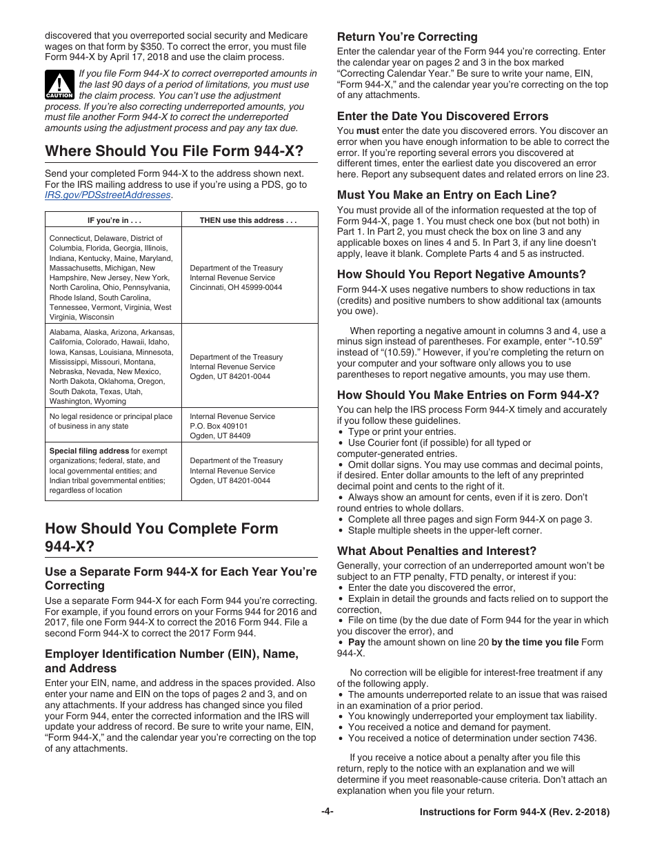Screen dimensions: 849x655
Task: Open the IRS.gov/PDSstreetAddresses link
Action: point(108,195)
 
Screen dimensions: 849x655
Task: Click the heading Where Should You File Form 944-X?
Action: point(174,151)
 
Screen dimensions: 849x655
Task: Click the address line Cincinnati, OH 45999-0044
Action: point(236,287)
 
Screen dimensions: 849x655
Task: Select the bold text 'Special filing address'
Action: point(89,451)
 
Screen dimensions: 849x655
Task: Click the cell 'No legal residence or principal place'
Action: point(110,416)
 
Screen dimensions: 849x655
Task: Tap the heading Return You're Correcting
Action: point(407,37)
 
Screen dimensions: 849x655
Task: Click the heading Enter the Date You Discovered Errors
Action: point(443,116)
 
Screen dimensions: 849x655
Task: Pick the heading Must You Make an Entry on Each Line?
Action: point(446,195)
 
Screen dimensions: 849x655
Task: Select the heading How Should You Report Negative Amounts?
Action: point(461,274)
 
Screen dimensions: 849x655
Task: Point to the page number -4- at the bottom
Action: point(327,812)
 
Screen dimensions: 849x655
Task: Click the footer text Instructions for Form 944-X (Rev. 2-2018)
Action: point(514,812)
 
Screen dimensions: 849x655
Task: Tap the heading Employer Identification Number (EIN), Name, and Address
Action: point(172,661)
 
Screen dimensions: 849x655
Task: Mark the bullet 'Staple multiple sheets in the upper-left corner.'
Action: point(445,530)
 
